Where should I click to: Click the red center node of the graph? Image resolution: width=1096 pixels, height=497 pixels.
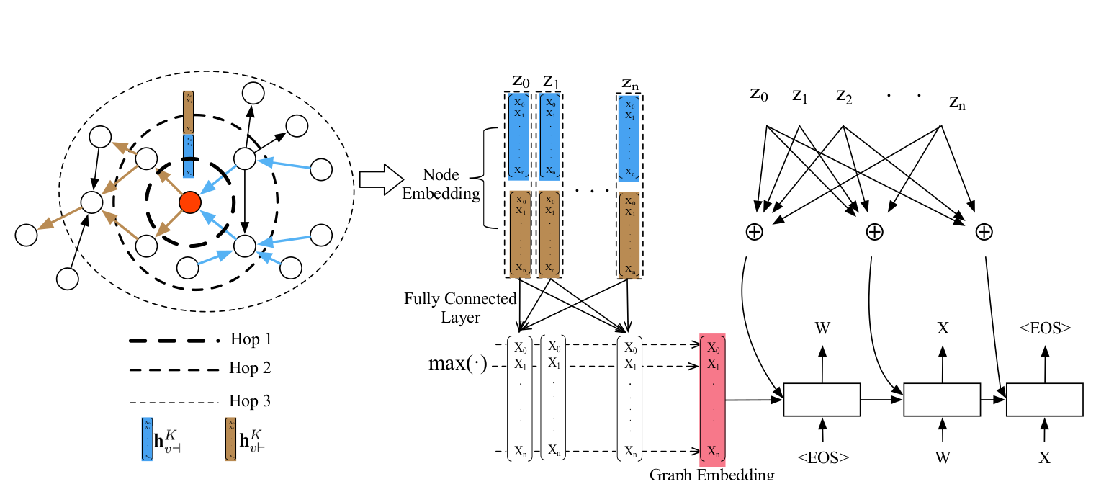189,202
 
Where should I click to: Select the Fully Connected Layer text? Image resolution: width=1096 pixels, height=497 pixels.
460,308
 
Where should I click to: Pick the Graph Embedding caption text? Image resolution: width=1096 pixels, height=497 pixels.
711,475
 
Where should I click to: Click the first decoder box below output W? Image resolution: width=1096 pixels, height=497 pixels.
822,400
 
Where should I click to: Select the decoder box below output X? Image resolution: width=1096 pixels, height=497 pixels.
942,400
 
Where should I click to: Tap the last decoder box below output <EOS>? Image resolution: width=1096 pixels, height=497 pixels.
1044,400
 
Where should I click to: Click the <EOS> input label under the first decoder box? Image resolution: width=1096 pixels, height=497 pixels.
822,457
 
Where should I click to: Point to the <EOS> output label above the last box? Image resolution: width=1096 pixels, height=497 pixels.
1045,328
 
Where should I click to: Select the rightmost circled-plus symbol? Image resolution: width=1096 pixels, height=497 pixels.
984,231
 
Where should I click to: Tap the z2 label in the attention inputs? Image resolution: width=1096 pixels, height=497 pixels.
844,95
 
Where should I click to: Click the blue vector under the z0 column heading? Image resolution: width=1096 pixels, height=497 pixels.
519,135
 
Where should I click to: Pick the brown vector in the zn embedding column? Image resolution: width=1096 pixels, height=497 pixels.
629,234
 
